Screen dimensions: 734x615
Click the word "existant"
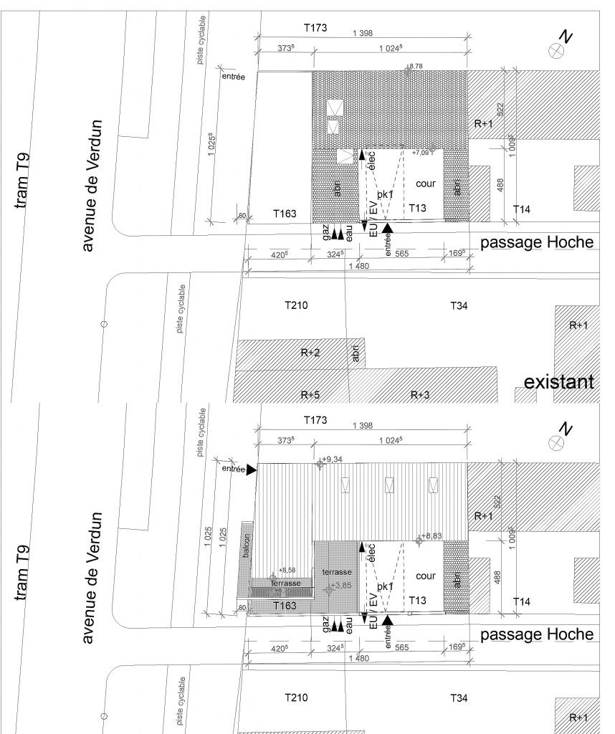click(x=558, y=382)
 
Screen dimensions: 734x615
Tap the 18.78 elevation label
click(x=415, y=67)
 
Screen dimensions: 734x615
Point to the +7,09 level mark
click(x=421, y=153)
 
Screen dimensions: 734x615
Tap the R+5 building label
click(x=310, y=395)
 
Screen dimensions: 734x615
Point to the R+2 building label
click(x=310, y=353)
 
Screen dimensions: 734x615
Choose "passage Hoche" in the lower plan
click(x=537, y=634)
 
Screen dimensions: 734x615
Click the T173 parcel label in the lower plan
click(x=315, y=419)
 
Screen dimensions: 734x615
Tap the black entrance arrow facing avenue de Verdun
click(x=251, y=470)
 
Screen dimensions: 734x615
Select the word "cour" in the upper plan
click(x=426, y=183)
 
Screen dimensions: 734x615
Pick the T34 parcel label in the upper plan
click(x=459, y=306)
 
